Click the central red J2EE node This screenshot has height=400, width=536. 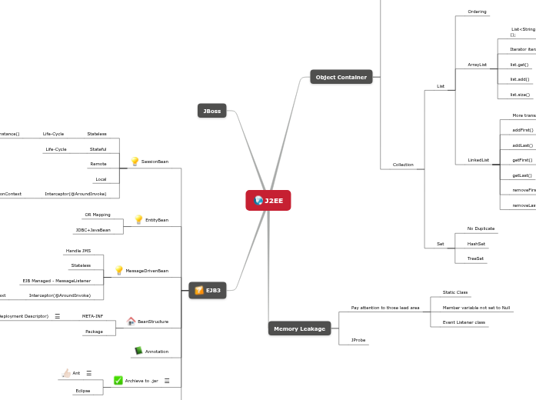point(268,200)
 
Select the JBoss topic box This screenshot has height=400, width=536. point(211,111)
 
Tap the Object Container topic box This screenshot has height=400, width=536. point(341,77)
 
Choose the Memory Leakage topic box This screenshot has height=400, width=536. point(299,328)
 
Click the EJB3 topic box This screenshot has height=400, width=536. point(208,290)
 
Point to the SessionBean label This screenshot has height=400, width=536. point(155,162)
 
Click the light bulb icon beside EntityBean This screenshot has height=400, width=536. point(139,220)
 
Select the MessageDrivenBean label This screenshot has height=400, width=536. point(147,271)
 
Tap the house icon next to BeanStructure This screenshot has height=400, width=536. point(131,321)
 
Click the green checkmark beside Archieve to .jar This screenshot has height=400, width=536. point(118,380)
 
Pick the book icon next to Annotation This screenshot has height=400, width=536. point(138,352)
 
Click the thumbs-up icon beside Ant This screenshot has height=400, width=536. point(66,373)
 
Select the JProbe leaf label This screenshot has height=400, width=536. point(358,339)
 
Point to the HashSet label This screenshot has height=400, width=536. point(476,244)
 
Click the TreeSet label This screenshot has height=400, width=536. point(475,258)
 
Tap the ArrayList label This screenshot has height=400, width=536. point(477,65)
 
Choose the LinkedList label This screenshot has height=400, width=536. point(478,160)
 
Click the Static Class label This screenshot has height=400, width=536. point(455,292)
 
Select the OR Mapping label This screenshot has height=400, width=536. point(98,215)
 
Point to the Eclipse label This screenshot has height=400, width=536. point(83,391)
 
